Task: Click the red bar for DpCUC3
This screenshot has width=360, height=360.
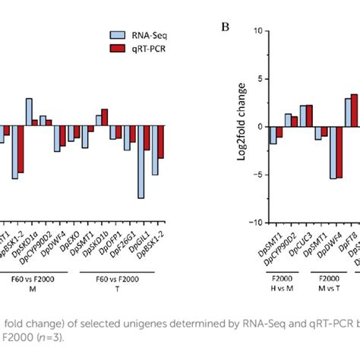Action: [309, 115]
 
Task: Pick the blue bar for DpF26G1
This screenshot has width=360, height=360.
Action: [127, 137]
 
